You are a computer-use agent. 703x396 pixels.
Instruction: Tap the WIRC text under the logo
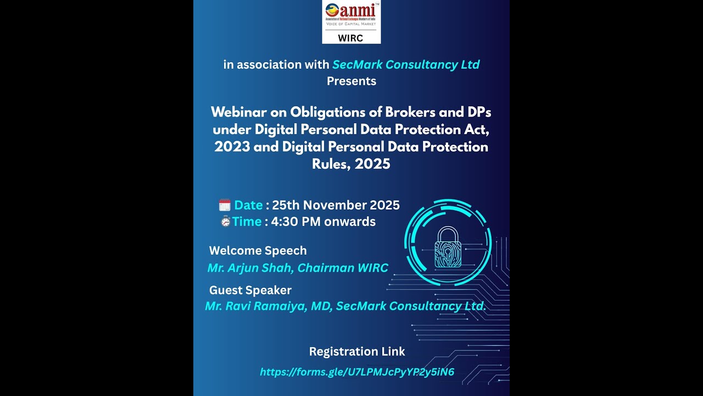pyautogui.click(x=350, y=38)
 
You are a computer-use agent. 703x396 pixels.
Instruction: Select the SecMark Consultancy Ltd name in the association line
pyautogui.click(x=406, y=65)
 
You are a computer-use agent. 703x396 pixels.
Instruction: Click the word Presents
pyautogui.click(x=351, y=81)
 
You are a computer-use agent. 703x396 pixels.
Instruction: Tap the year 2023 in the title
pyautogui.click(x=232, y=147)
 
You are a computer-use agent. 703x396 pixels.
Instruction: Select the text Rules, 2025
pyautogui.click(x=351, y=164)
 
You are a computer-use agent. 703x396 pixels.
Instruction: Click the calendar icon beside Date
pyautogui.click(x=225, y=205)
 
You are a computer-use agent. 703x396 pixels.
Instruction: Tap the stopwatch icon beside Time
pyautogui.click(x=225, y=222)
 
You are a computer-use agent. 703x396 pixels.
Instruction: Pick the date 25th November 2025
pyautogui.click(x=336, y=205)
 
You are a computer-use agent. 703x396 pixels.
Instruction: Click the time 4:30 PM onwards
pyautogui.click(x=323, y=222)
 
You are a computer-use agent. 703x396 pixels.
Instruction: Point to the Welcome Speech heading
pyautogui.click(x=258, y=251)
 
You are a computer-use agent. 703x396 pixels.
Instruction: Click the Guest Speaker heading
pyautogui.click(x=250, y=290)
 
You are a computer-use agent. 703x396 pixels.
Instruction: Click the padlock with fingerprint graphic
pyautogui.click(x=448, y=248)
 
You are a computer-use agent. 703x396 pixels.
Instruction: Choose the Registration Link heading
pyautogui.click(x=357, y=351)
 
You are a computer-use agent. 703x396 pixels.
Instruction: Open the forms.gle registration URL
pyautogui.click(x=357, y=372)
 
